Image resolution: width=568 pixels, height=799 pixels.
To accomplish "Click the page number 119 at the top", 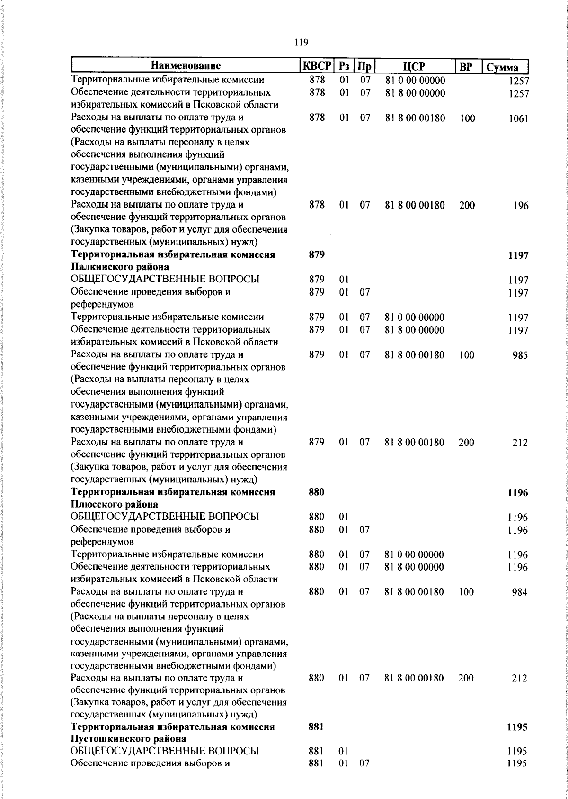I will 301,43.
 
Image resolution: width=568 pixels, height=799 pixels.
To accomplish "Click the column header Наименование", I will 186,66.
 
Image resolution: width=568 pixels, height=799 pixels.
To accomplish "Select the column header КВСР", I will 317,66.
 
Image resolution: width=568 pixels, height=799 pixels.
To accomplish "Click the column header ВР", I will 467,66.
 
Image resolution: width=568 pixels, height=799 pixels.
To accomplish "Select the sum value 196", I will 521,206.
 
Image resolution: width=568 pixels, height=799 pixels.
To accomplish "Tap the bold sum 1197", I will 518,255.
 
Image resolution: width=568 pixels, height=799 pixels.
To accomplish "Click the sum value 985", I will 520,355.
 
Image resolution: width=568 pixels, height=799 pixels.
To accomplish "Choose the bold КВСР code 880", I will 316,492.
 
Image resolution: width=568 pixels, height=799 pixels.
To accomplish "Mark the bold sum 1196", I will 517,492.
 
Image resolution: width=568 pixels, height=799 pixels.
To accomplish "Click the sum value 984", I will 519,592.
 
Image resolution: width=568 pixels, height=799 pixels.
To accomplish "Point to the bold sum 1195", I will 517,727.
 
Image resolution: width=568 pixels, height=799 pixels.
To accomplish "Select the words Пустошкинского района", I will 128,739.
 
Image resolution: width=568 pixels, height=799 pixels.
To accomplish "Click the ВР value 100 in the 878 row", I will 467,118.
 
